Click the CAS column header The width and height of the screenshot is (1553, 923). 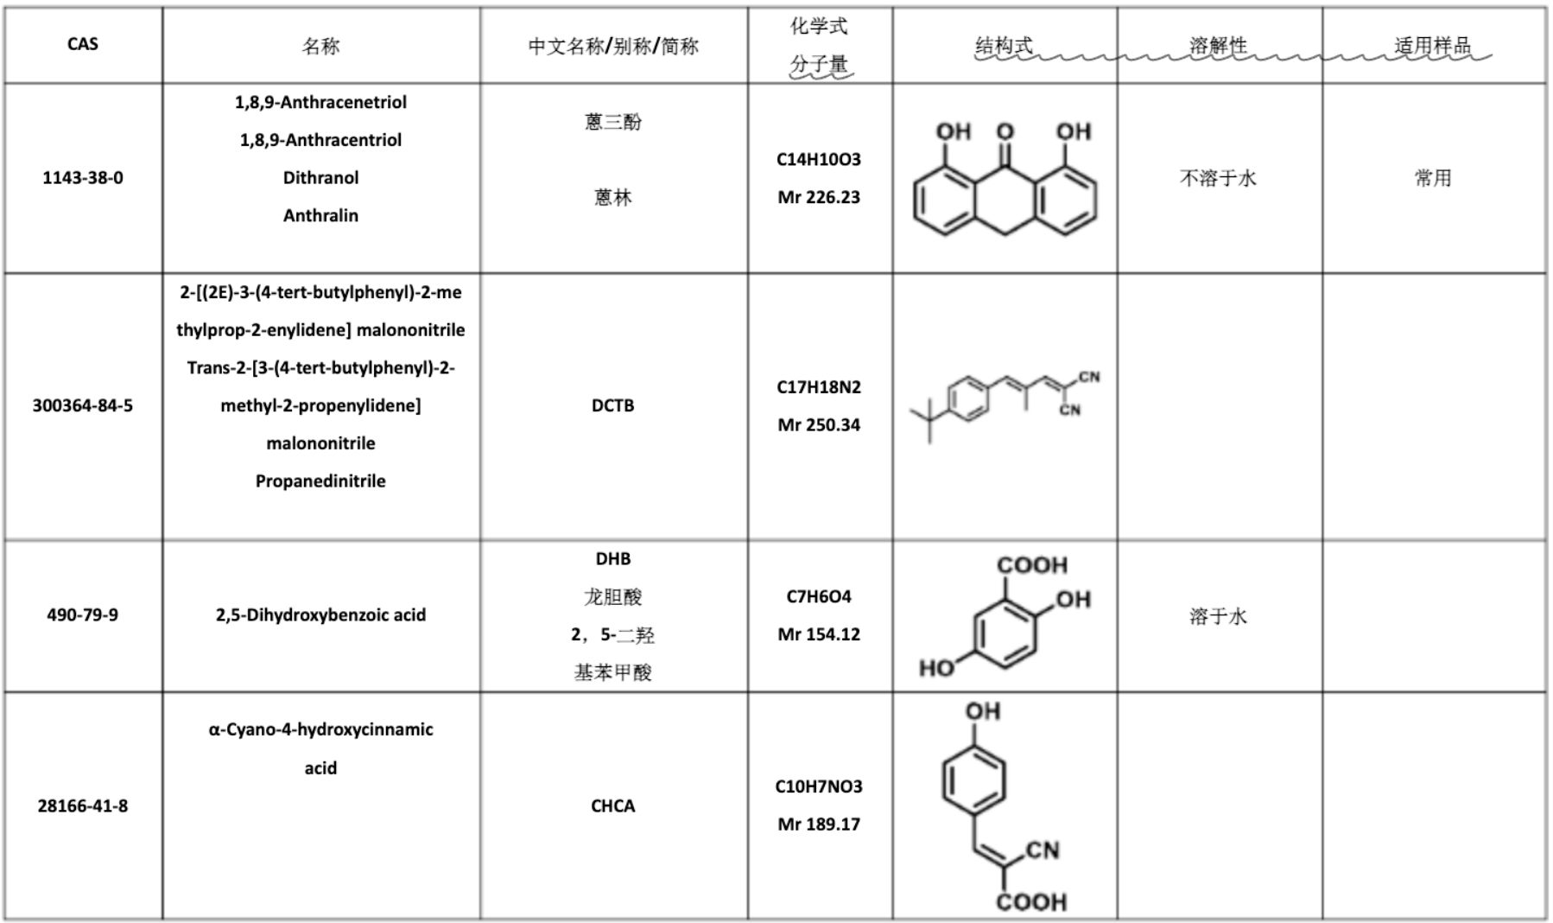(83, 44)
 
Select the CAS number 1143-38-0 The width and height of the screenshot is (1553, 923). (83, 177)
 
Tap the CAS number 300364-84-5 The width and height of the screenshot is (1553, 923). (83, 405)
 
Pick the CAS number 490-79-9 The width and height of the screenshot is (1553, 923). (83, 614)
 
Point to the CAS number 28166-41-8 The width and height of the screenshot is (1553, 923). (83, 805)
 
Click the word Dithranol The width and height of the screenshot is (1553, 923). (320, 177)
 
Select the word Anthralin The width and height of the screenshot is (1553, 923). (320, 215)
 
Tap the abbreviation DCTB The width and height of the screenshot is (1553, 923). (613, 405)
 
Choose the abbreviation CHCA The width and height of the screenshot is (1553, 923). (613, 805)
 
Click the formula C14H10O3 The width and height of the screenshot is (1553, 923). (819, 159)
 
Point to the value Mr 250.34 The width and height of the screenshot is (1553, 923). (819, 424)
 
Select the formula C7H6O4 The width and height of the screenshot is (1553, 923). (819, 596)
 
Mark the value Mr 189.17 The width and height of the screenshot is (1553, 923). (819, 824)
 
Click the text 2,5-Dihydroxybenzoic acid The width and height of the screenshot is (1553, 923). (320, 614)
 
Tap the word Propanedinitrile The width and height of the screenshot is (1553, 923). (320, 481)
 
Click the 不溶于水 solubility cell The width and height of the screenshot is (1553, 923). (1218, 178)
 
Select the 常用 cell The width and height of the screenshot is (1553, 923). (1433, 178)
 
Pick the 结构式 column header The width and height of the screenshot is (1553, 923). (1004, 45)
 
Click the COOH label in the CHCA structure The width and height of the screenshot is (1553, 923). (1031, 902)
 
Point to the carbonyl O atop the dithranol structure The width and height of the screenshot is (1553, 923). (1005, 131)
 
